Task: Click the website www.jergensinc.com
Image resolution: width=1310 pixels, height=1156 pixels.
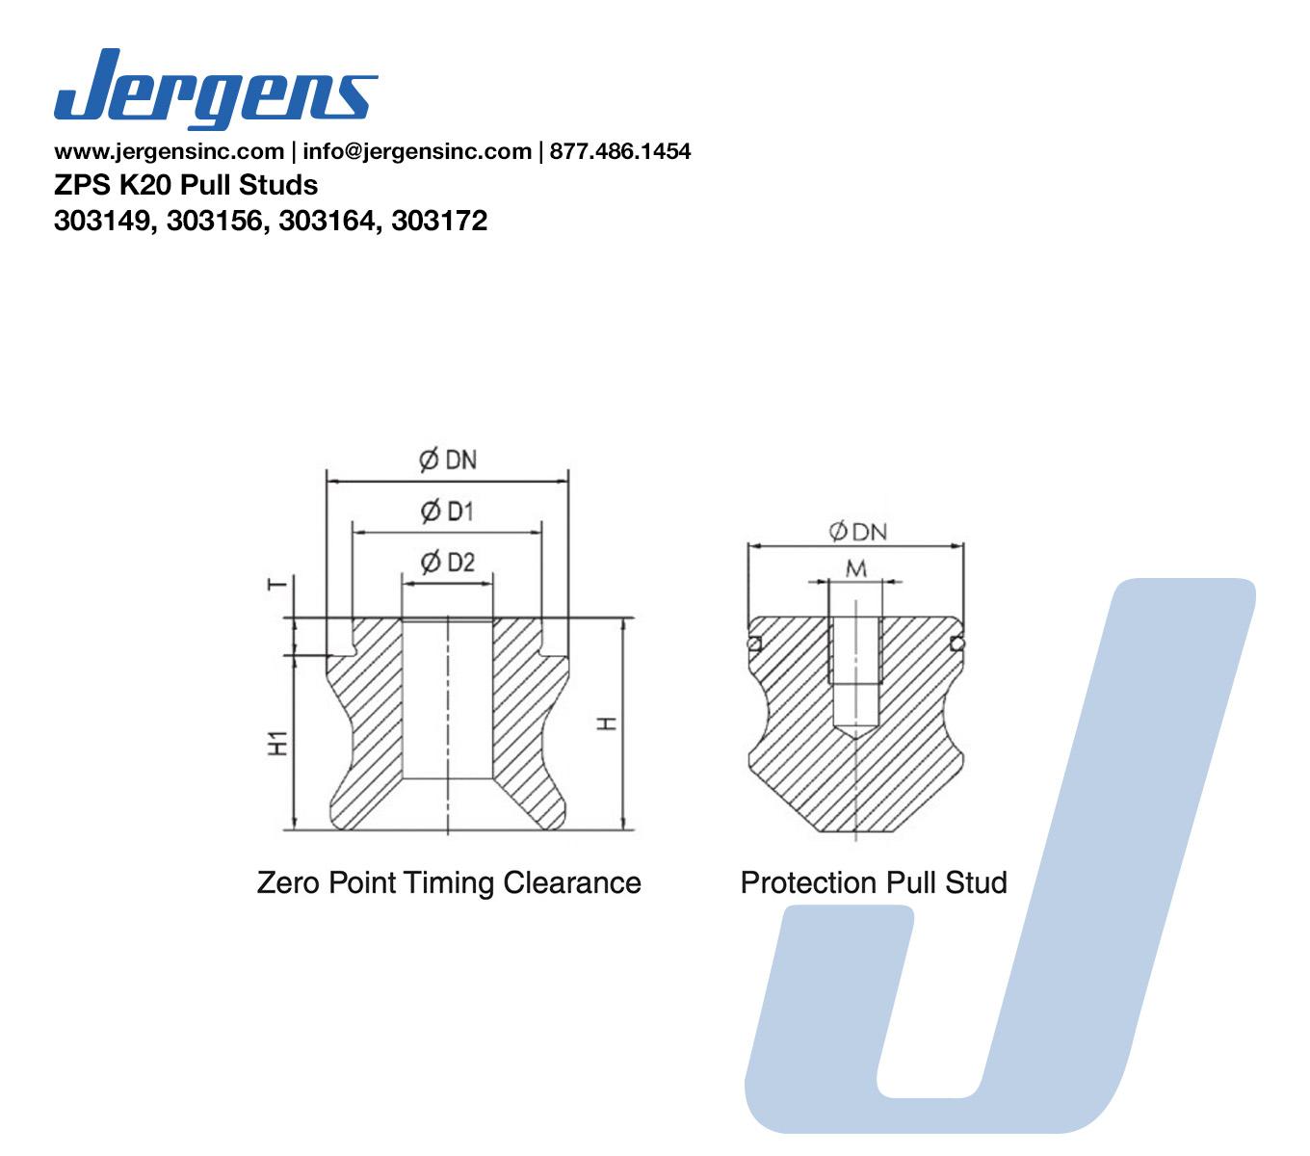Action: [x=170, y=151]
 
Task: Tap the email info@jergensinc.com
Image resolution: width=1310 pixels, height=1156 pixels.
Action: [x=416, y=151]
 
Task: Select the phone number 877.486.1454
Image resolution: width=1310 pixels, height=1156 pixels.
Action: [x=620, y=151]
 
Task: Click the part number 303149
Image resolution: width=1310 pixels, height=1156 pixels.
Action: [x=103, y=222]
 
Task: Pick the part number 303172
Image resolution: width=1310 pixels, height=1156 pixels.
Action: [x=439, y=222]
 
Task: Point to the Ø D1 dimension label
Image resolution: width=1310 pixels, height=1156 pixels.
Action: [x=447, y=511]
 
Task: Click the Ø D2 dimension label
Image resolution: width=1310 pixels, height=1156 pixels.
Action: [x=448, y=563]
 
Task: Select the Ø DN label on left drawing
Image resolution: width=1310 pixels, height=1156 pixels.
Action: [x=448, y=460]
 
